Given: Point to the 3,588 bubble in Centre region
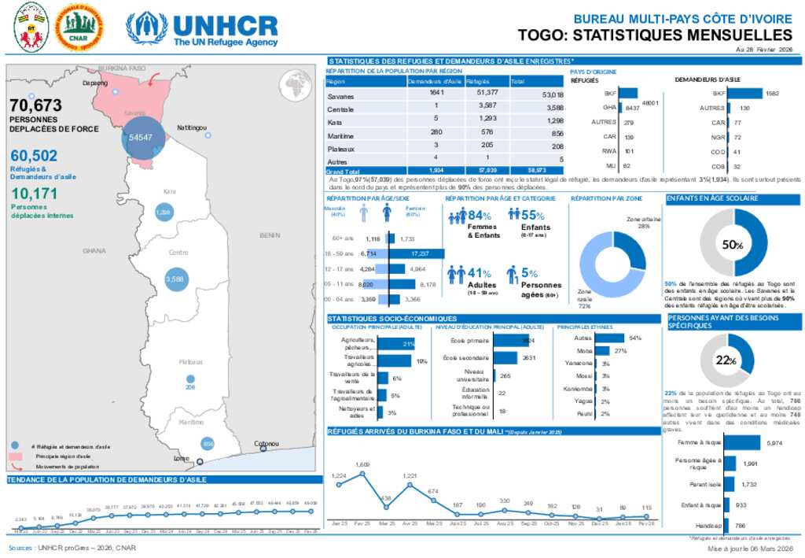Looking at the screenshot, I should pos(174,279).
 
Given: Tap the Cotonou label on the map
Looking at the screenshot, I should pos(267,444).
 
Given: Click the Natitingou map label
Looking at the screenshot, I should pos(192,127).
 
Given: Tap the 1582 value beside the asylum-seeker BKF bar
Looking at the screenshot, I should pos(772,93).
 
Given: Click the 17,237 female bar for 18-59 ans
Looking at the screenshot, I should pos(417,253).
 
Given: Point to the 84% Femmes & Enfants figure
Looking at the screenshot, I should pos(479,215).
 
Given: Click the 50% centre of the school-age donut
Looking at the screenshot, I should pos(733,245).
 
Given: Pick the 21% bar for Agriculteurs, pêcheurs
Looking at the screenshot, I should pos(399,344).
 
